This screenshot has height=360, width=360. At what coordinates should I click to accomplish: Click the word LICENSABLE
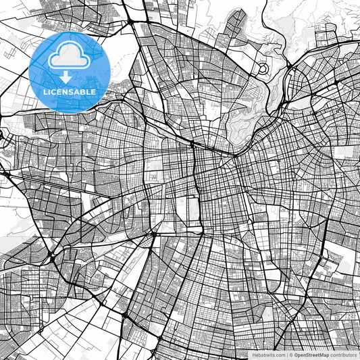[69, 92]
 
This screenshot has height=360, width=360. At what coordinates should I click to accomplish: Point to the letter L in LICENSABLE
[45, 92]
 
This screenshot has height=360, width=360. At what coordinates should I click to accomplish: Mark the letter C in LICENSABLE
[53, 92]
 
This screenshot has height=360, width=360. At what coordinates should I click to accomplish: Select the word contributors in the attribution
[343, 354]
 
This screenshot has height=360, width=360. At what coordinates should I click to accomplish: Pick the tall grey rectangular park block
[192, 211]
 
